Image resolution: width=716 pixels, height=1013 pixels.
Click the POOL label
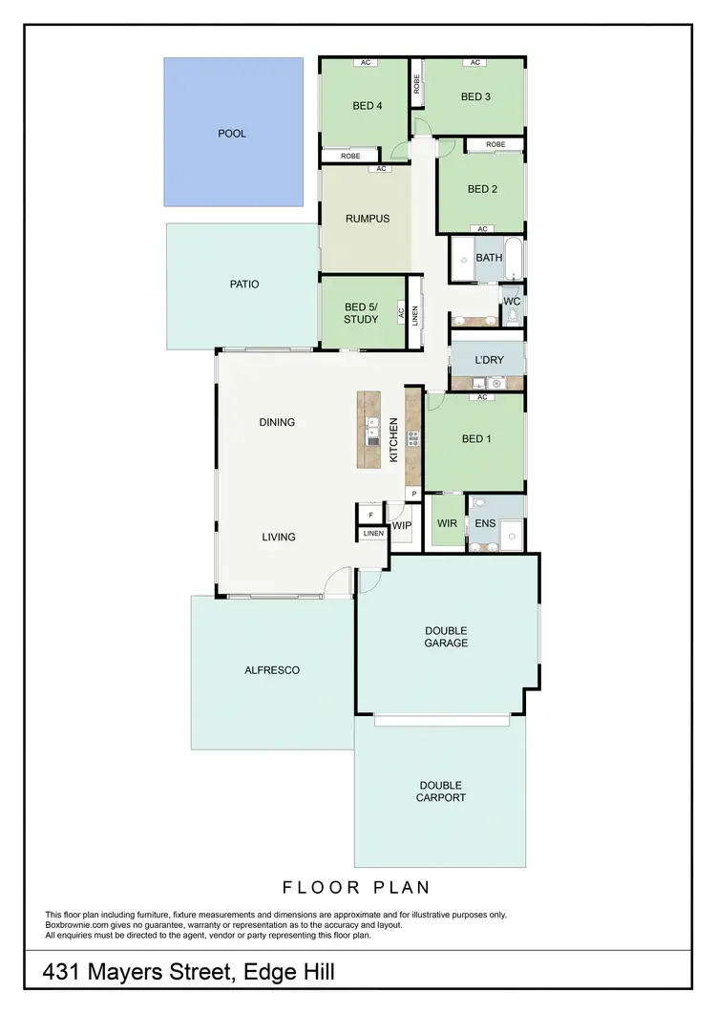point(232,134)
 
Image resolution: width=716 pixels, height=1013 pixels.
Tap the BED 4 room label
point(368,106)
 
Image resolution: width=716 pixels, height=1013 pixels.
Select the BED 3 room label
point(475,96)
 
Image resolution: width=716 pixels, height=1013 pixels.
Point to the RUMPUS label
point(368,219)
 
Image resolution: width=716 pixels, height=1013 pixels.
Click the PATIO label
point(244,285)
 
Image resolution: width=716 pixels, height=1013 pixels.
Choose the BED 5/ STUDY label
point(361,313)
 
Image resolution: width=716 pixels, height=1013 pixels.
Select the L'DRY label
point(489,360)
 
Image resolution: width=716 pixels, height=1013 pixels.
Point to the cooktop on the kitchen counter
point(413,439)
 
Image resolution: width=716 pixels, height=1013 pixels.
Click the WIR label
point(447,523)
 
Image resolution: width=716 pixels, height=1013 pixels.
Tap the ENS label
point(485,523)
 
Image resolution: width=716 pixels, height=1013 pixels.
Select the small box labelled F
point(370,516)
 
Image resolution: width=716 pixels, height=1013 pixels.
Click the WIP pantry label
point(401,525)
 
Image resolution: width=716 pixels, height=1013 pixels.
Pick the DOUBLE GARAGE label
point(446,637)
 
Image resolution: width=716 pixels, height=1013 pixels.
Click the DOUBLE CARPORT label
point(440,791)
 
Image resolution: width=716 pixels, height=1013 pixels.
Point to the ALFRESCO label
point(272,670)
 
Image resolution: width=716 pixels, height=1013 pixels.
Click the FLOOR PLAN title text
point(356,888)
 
